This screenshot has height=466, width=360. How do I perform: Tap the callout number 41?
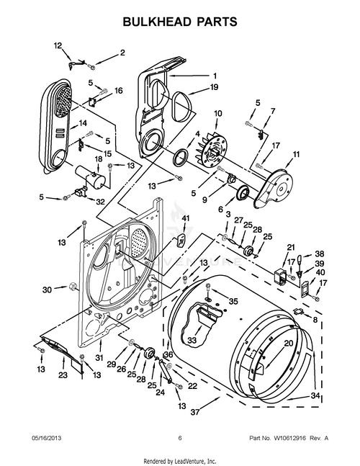(x=185, y=218)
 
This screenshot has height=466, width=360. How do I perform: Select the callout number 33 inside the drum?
(x=192, y=340)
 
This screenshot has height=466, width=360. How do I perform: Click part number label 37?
(x=195, y=412)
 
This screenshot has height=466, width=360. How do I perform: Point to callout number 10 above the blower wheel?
(x=217, y=113)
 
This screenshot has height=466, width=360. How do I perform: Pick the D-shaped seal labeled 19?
(x=181, y=107)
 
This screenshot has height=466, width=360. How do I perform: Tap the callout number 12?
(x=58, y=45)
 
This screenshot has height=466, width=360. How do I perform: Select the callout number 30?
(x=47, y=290)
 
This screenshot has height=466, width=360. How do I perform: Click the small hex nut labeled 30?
(x=72, y=287)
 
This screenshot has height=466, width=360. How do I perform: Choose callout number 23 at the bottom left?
(x=63, y=375)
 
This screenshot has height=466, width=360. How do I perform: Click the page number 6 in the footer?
(x=180, y=438)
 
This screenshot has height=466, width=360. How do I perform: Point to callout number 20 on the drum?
(x=289, y=344)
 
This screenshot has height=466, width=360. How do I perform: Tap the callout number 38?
(x=320, y=254)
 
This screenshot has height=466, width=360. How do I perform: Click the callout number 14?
(x=83, y=122)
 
